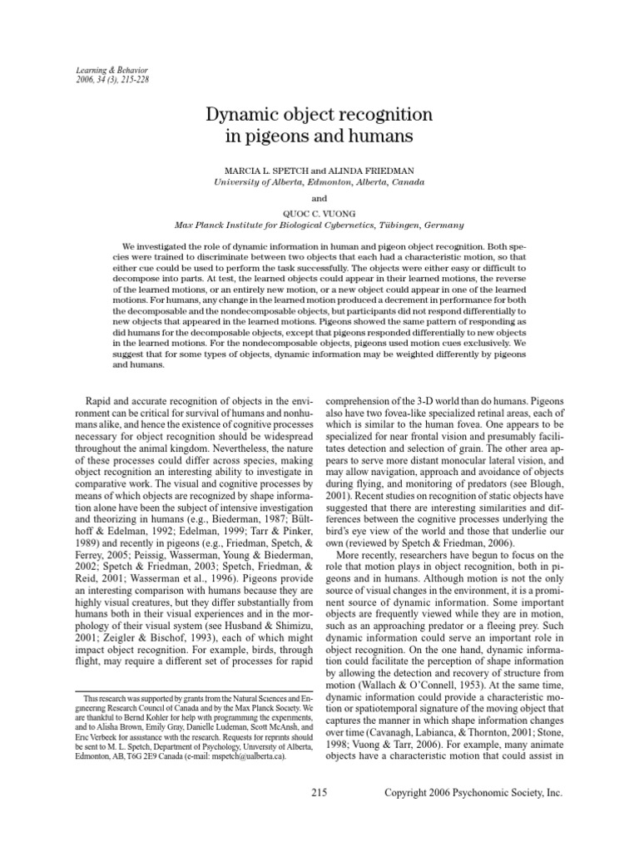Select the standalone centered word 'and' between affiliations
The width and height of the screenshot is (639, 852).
click(319, 199)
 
